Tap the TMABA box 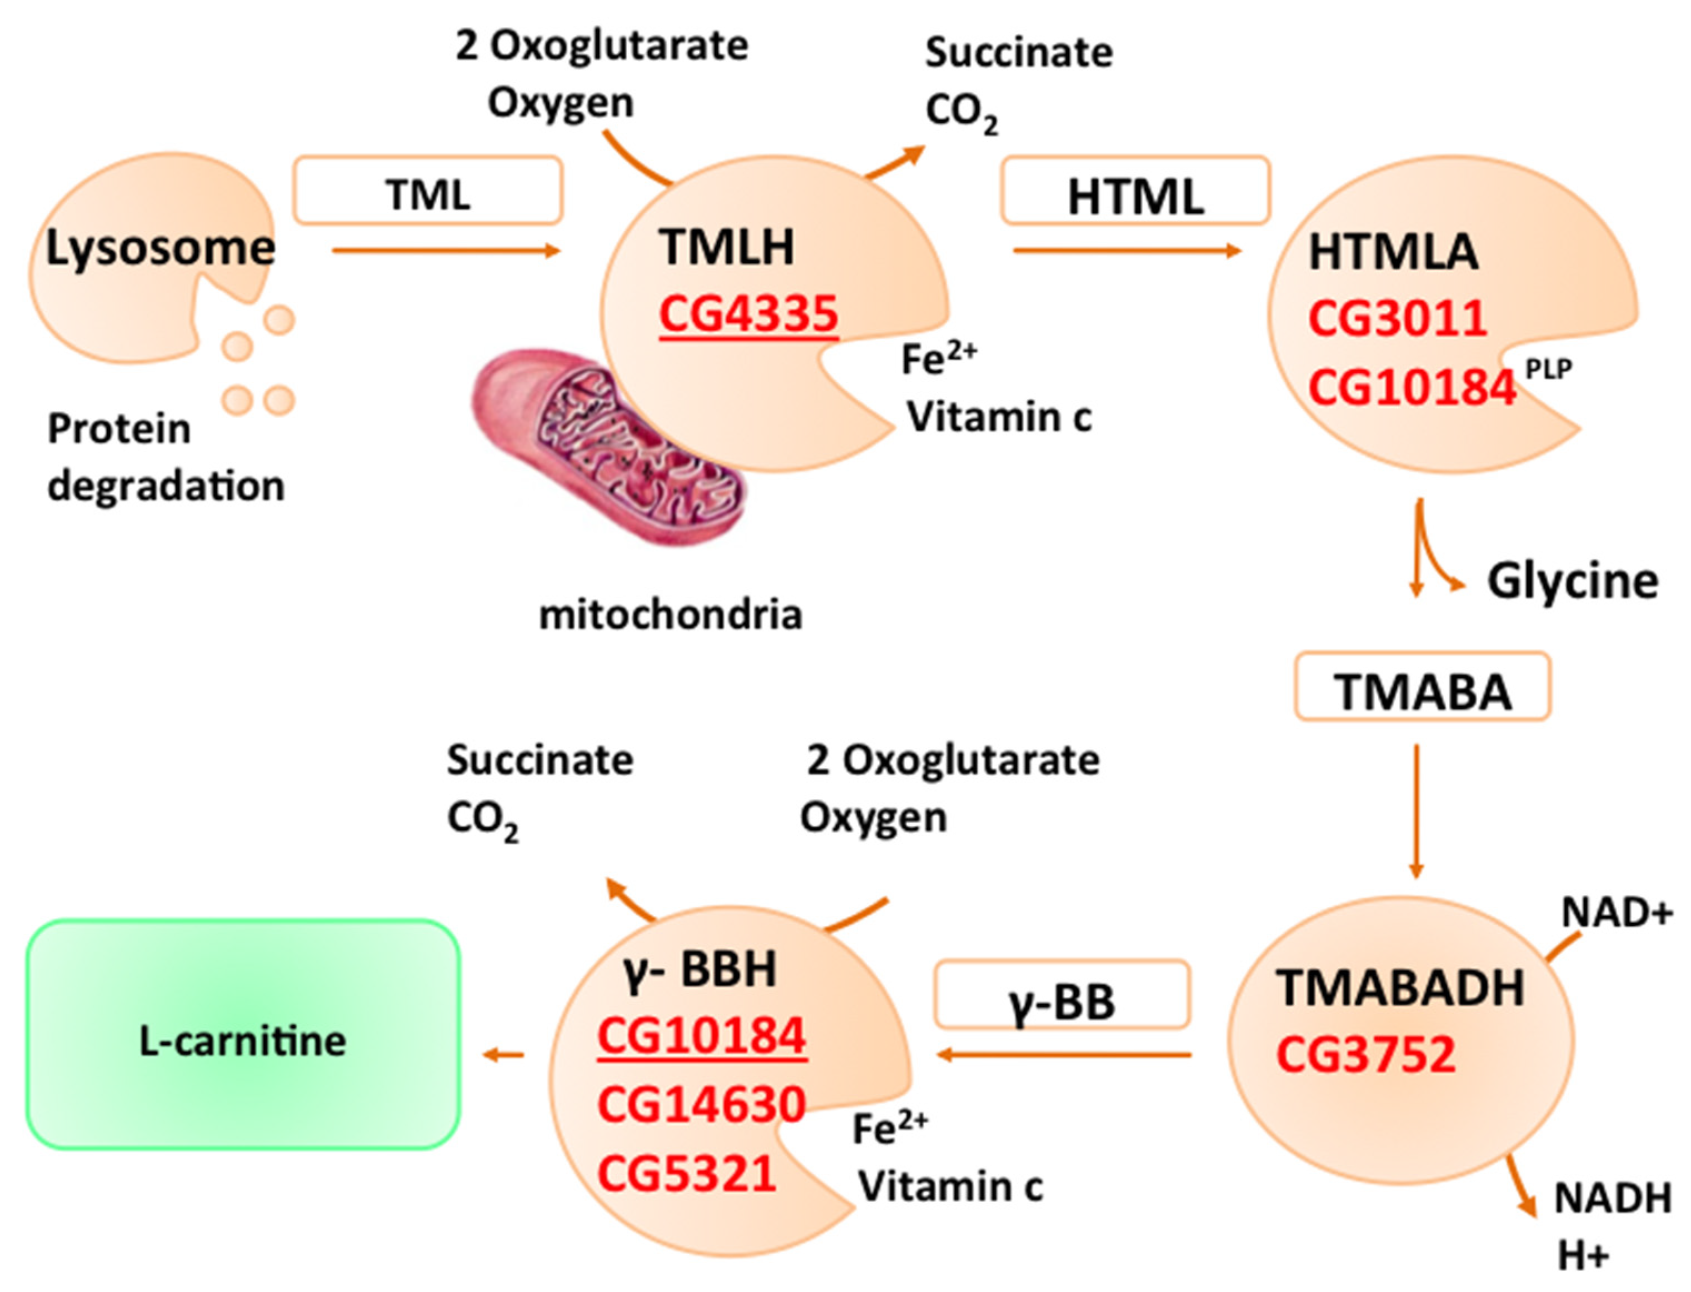[x=1422, y=687]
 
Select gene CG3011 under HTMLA [x=1397, y=318]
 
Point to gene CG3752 [x=1365, y=1054]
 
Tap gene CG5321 [x=686, y=1174]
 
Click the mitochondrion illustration [x=608, y=446]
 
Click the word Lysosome [x=160, y=248]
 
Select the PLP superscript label [x=1548, y=370]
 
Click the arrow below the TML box [x=446, y=251]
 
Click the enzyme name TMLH [x=726, y=248]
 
